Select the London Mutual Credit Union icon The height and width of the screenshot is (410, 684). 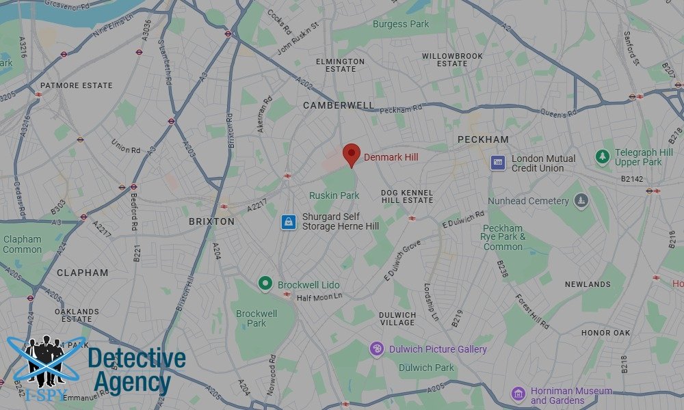click(499, 163)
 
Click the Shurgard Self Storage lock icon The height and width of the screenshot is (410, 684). click(289, 222)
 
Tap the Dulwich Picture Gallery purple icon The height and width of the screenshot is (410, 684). click(377, 349)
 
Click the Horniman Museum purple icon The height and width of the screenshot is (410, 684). click(518, 394)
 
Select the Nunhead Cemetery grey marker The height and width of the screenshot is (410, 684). click(581, 201)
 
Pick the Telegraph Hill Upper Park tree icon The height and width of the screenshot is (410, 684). click(602, 157)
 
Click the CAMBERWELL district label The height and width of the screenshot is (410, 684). click(339, 105)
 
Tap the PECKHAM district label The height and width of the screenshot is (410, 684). click(483, 139)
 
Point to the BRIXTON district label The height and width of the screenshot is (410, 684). click(211, 221)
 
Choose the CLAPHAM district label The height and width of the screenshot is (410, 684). click(82, 273)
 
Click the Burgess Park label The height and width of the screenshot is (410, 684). click(401, 24)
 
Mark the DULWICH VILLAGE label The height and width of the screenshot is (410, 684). click(397, 318)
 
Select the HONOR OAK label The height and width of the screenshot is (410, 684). click(605, 333)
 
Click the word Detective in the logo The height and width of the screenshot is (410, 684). click(137, 358)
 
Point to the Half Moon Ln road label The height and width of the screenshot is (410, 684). click(319, 297)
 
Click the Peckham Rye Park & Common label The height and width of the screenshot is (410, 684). click(503, 237)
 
